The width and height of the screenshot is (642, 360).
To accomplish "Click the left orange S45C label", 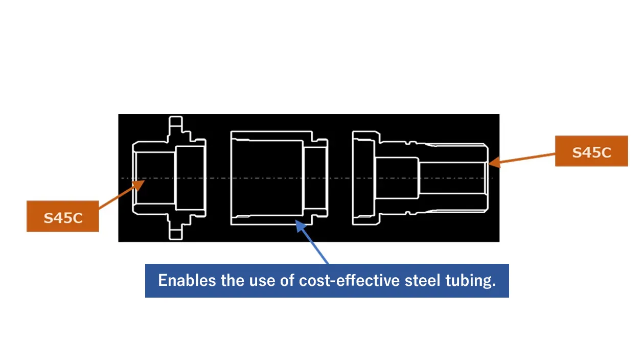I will click(x=62, y=217).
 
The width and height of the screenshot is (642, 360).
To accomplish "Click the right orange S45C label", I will click(x=591, y=151).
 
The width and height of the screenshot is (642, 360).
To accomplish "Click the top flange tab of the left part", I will click(x=175, y=124).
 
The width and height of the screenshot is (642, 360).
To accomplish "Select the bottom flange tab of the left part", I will click(x=175, y=233).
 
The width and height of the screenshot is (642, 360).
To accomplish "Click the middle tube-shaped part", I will click(x=266, y=177).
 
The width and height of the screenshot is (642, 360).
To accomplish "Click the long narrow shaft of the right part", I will click(x=452, y=177).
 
